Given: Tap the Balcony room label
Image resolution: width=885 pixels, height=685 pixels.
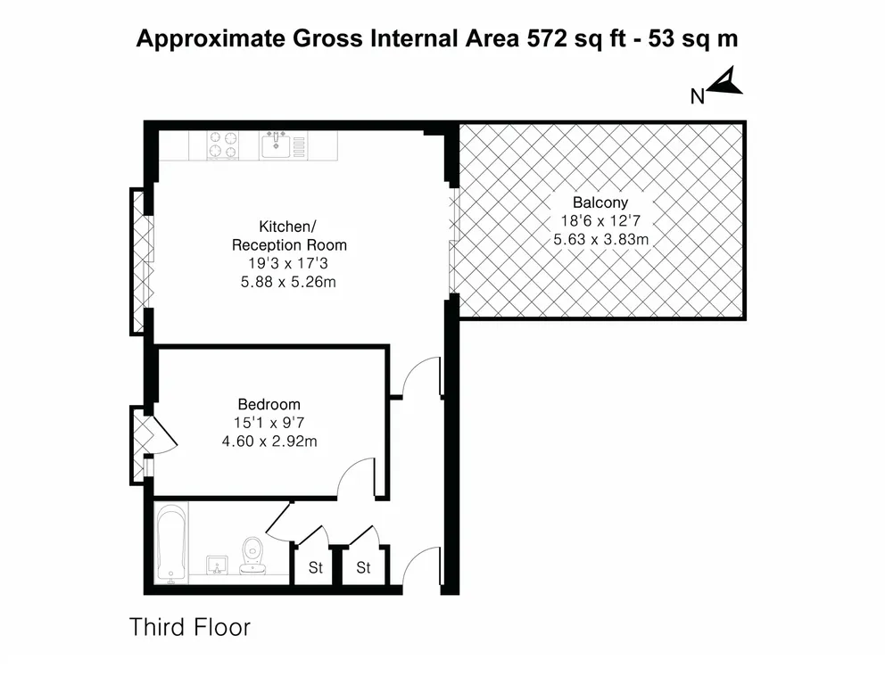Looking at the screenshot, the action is click(600, 202).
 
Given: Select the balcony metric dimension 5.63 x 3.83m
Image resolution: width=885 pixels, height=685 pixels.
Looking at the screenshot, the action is click(600, 239).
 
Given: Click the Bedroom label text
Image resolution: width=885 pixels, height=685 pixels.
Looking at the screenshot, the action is click(269, 404).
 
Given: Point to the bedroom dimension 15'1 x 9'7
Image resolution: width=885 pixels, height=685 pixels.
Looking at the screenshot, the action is click(269, 423).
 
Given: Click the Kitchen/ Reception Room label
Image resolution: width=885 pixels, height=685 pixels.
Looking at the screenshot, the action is click(289, 235).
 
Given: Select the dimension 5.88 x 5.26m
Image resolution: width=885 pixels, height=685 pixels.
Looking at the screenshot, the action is click(288, 282).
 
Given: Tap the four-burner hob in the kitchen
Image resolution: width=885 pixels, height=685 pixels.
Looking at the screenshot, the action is click(223, 145).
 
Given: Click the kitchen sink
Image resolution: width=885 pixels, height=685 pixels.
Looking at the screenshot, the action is click(276, 144).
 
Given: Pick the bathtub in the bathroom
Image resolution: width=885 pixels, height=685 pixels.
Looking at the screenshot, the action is click(171, 543).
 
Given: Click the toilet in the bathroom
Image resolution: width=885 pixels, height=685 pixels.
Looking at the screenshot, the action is click(252, 555).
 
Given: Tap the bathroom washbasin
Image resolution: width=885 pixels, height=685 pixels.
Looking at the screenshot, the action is click(218, 565).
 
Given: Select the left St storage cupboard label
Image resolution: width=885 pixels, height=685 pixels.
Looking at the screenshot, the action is click(316, 567).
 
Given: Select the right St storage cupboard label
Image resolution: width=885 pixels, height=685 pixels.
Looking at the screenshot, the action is click(363, 567).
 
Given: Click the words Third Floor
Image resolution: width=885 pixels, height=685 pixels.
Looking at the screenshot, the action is click(190, 627).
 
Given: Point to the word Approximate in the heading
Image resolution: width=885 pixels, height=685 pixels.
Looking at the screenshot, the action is click(211, 39).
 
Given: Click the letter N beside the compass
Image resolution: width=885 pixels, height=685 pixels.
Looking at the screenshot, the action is click(698, 97).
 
